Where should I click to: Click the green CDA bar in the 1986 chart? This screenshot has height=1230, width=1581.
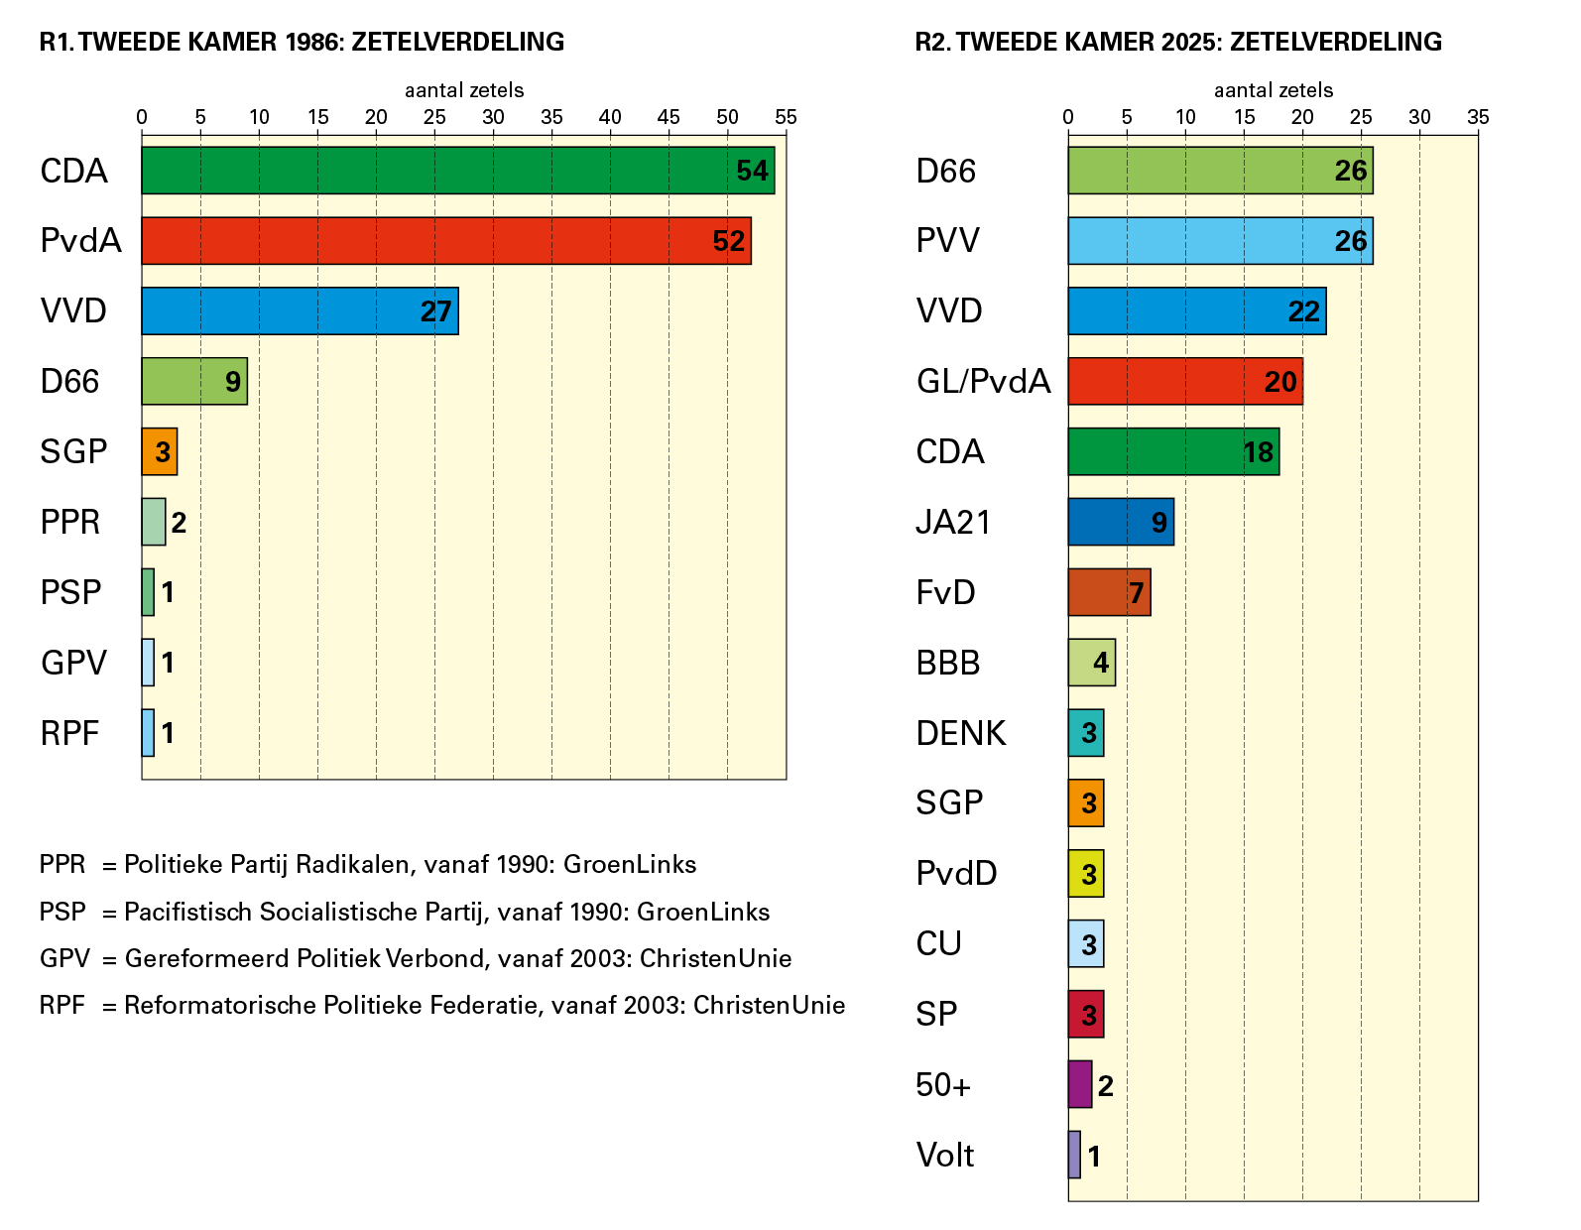(x=436, y=171)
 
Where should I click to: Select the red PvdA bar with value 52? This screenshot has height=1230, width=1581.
(x=426, y=241)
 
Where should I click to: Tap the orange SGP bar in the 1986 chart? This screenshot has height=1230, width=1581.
(x=160, y=452)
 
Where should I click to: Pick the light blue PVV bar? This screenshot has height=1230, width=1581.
(x=1200, y=241)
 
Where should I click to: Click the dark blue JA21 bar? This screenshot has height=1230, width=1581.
(x=1111, y=522)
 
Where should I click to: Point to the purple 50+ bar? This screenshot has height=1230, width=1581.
(x=1080, y=1084)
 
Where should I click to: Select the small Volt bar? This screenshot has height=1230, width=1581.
(x=1074, y=1155)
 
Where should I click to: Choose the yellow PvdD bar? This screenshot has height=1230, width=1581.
(x=1085, y=874)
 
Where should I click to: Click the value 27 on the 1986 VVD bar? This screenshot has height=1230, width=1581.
(x=435, y=311)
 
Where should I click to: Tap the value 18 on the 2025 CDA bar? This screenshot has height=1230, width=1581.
(x=1258, y=452)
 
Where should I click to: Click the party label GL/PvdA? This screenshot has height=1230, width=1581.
(x=983, y=382)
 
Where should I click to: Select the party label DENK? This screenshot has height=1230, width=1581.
(x=960, y=733)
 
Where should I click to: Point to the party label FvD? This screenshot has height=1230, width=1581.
(x=945, y=592)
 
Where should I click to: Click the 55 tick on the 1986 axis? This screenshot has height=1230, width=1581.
(x=786, y=117)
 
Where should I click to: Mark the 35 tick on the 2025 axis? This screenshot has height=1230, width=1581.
(x=1478, y=117)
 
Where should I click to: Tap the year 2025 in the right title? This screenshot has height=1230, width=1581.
(x=1191, y=42)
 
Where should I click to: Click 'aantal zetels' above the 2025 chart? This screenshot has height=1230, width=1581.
(x=1274, y=90)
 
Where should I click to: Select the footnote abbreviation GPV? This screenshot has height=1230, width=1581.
(x=64, y=958)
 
